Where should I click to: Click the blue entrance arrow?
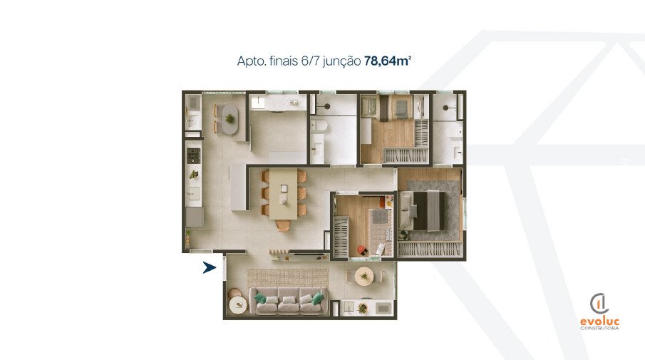(x=209, y=268)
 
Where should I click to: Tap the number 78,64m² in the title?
(x=388, y=61)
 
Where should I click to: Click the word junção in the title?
(x=342, y=62)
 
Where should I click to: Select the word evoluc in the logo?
(x=600, y=322)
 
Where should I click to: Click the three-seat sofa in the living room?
(x=289, y=301)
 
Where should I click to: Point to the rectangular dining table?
(x=283, y=193)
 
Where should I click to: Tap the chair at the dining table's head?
(x=283, y=225)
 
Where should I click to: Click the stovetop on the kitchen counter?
(x=194, y=155)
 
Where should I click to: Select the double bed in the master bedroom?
(x=423, y=211)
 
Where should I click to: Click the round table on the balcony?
(x=363, y=276)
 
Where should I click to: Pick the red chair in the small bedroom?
(x=362, y=250)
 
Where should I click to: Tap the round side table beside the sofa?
(x=238, y=305)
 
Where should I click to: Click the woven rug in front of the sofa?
(x=287, y=278)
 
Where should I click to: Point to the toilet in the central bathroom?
(x=318, y=127)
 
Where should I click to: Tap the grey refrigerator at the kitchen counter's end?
(x=195, y=217)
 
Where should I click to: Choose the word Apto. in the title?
(x=252, y=62)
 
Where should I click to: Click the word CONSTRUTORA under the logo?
(x=600, y=329)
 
